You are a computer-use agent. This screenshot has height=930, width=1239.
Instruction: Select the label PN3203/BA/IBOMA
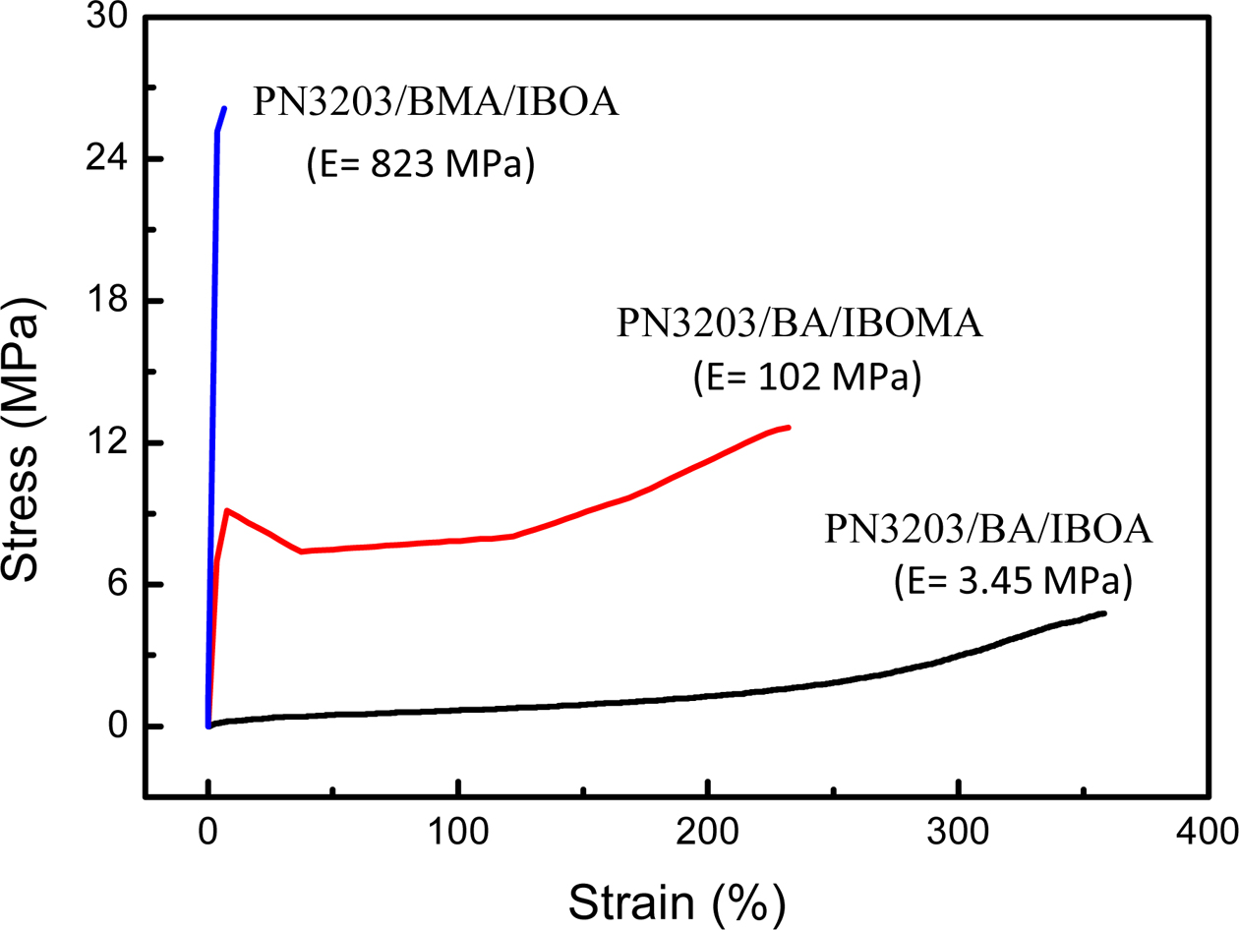coord(799,323)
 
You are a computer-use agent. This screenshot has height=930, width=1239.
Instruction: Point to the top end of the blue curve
coord(224,108)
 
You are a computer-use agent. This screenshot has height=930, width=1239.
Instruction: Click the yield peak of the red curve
coord(227,509)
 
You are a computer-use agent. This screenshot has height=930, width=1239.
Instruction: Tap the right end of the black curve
coord(1105,613)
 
